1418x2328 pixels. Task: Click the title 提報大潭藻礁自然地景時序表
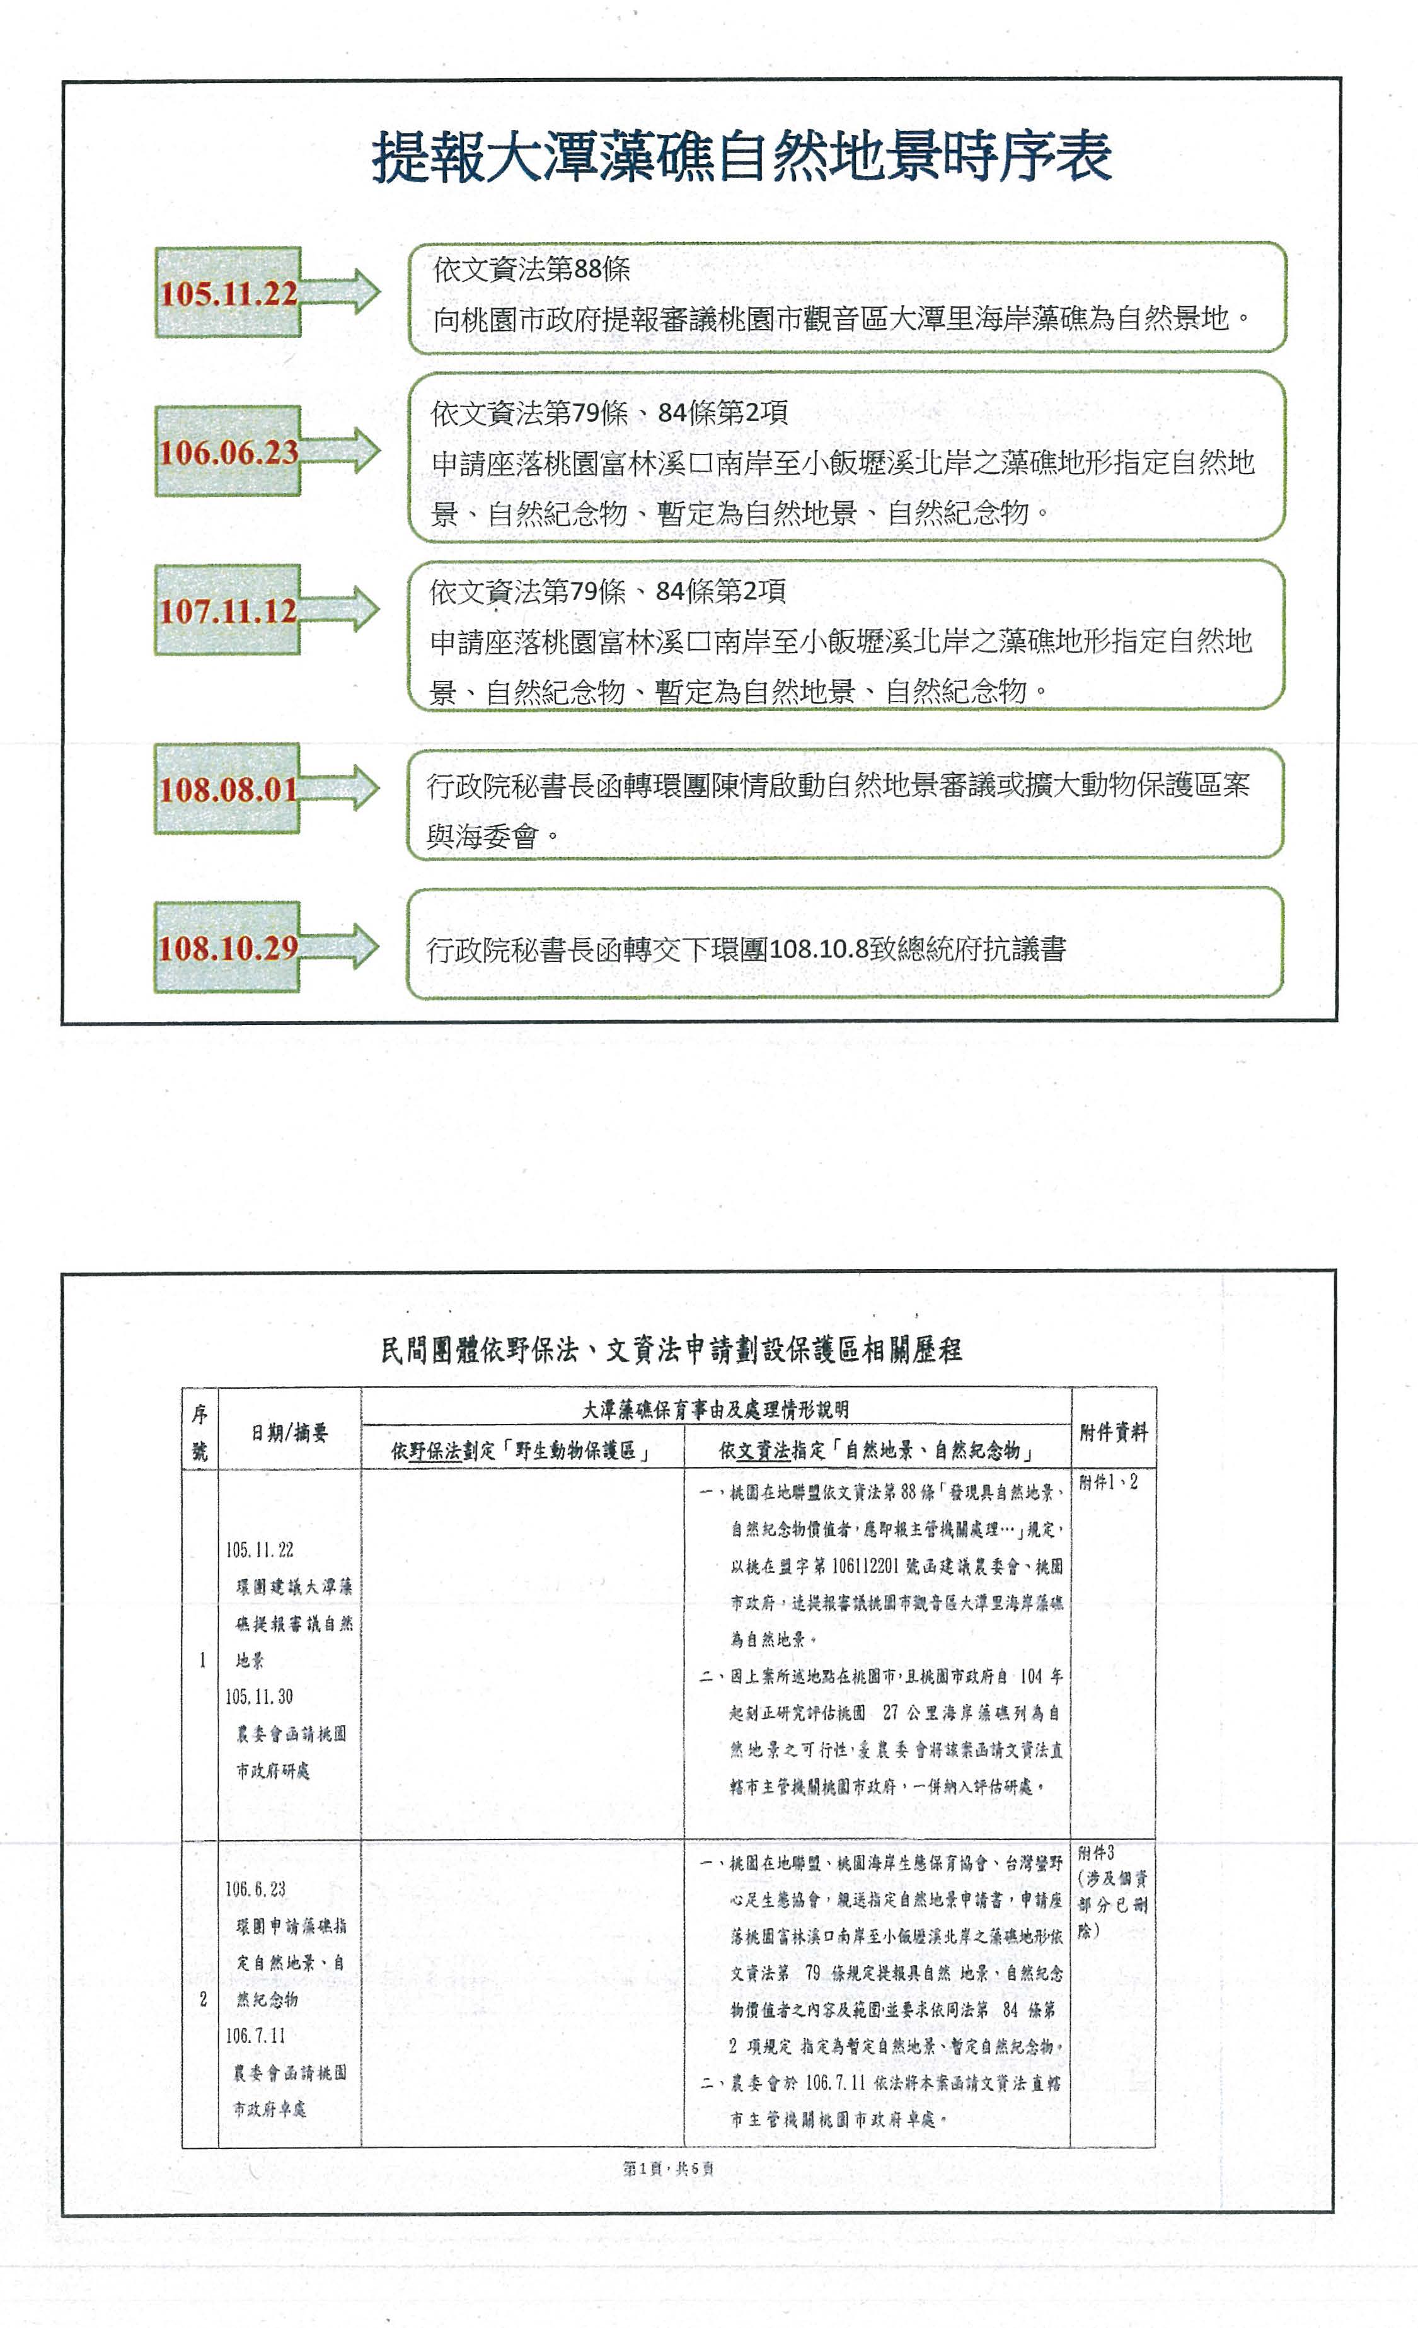(742, 157)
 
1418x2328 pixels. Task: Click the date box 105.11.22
(228, 293)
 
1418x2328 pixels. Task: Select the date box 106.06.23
(228, 451)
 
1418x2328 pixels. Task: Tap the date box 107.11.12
(228, 610)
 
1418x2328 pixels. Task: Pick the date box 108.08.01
(228, 789)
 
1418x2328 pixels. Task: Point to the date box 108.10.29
(228, 947)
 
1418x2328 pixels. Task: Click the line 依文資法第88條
(531, 270)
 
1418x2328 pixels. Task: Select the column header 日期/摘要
(289, 1433)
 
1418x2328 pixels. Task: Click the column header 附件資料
(1113, 1432)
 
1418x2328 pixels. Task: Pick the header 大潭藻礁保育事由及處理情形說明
(715, 1410)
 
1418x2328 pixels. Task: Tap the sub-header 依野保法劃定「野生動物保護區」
(521, 1451)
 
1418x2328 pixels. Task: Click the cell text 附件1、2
(1108, 1483)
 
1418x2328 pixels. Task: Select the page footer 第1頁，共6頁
(669, 2169)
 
